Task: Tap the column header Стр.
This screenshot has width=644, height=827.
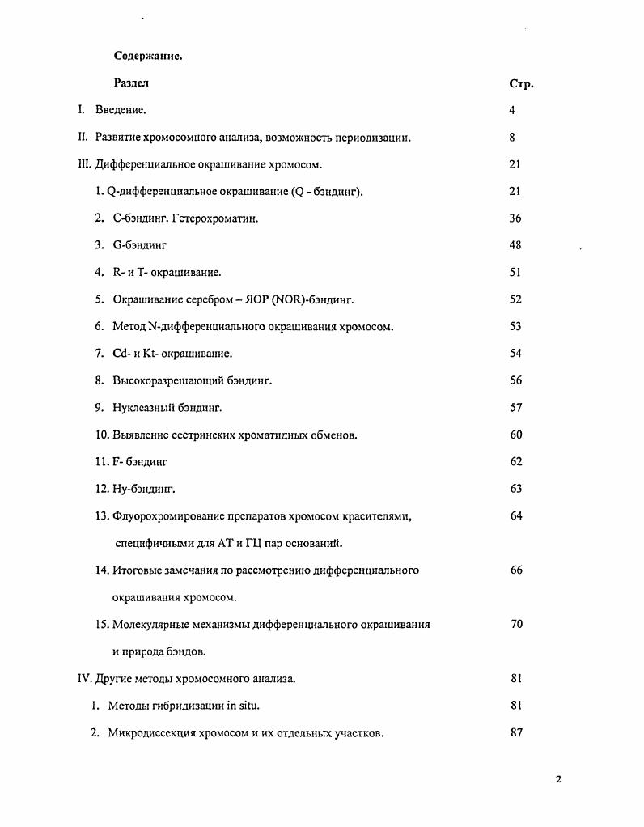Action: [520, 83]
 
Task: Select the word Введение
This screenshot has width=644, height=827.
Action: [121, 110]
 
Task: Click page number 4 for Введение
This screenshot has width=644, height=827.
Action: [512, 110]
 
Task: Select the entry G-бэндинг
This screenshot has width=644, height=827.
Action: [139, 245]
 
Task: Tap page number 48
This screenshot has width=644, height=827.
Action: [515, 245]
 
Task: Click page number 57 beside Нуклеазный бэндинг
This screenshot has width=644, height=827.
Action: [515, 408]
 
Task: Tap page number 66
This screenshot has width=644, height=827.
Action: [515, 570]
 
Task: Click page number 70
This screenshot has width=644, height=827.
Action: [515, 624]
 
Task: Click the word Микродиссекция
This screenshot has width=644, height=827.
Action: [150, 733]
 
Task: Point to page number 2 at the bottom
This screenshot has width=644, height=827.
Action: [558, 779]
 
